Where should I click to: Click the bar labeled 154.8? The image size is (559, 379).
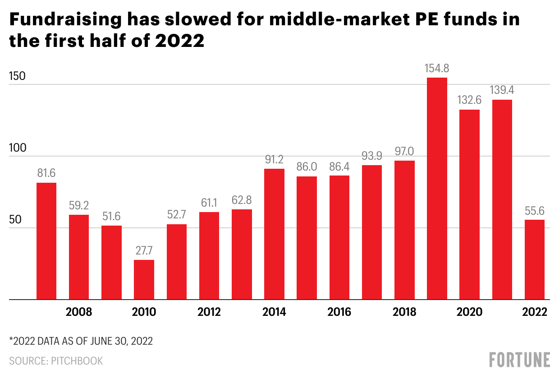coord(437,189)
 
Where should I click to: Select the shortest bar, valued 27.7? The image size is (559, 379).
coord(144,279)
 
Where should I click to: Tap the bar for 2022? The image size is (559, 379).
coord(535,259)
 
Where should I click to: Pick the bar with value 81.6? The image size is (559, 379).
coord(46,241)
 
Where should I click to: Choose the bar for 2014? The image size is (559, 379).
coord(274,234)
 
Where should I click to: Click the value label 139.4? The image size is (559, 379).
coord(502,90)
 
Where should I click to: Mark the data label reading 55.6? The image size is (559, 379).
coord(535,210)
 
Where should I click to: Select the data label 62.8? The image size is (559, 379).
coord(242,200)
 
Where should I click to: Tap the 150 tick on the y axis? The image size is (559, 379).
coord(17,77)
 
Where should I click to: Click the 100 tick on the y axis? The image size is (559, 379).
coord(17,148)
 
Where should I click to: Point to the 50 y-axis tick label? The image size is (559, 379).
coord(15,220)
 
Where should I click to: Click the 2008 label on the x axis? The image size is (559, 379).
coord(79,312)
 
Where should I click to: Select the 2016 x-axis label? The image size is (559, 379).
coord(339,312)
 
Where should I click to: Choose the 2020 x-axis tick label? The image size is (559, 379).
coord(469,312)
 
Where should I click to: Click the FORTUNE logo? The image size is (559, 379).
coord(520,360)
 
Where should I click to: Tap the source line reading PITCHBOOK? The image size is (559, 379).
coord(56,361)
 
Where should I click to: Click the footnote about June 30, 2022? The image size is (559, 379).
coord(81,341)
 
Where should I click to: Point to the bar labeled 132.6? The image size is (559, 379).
coord(469,204)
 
